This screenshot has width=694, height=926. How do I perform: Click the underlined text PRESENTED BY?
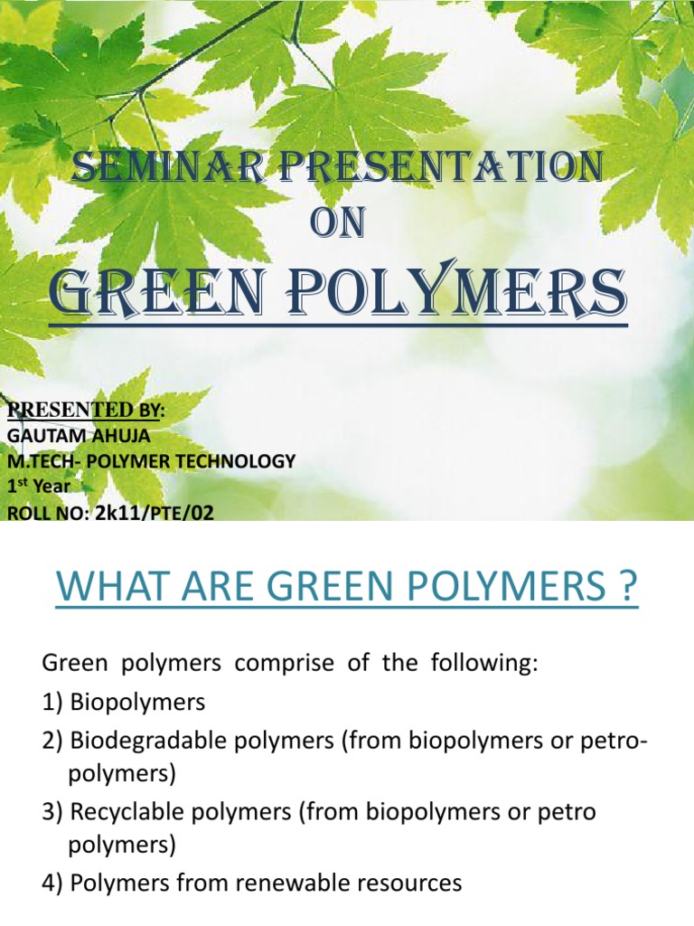86,411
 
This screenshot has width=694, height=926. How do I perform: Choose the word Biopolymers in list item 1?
136,702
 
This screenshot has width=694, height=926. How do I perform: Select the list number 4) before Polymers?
52,883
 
